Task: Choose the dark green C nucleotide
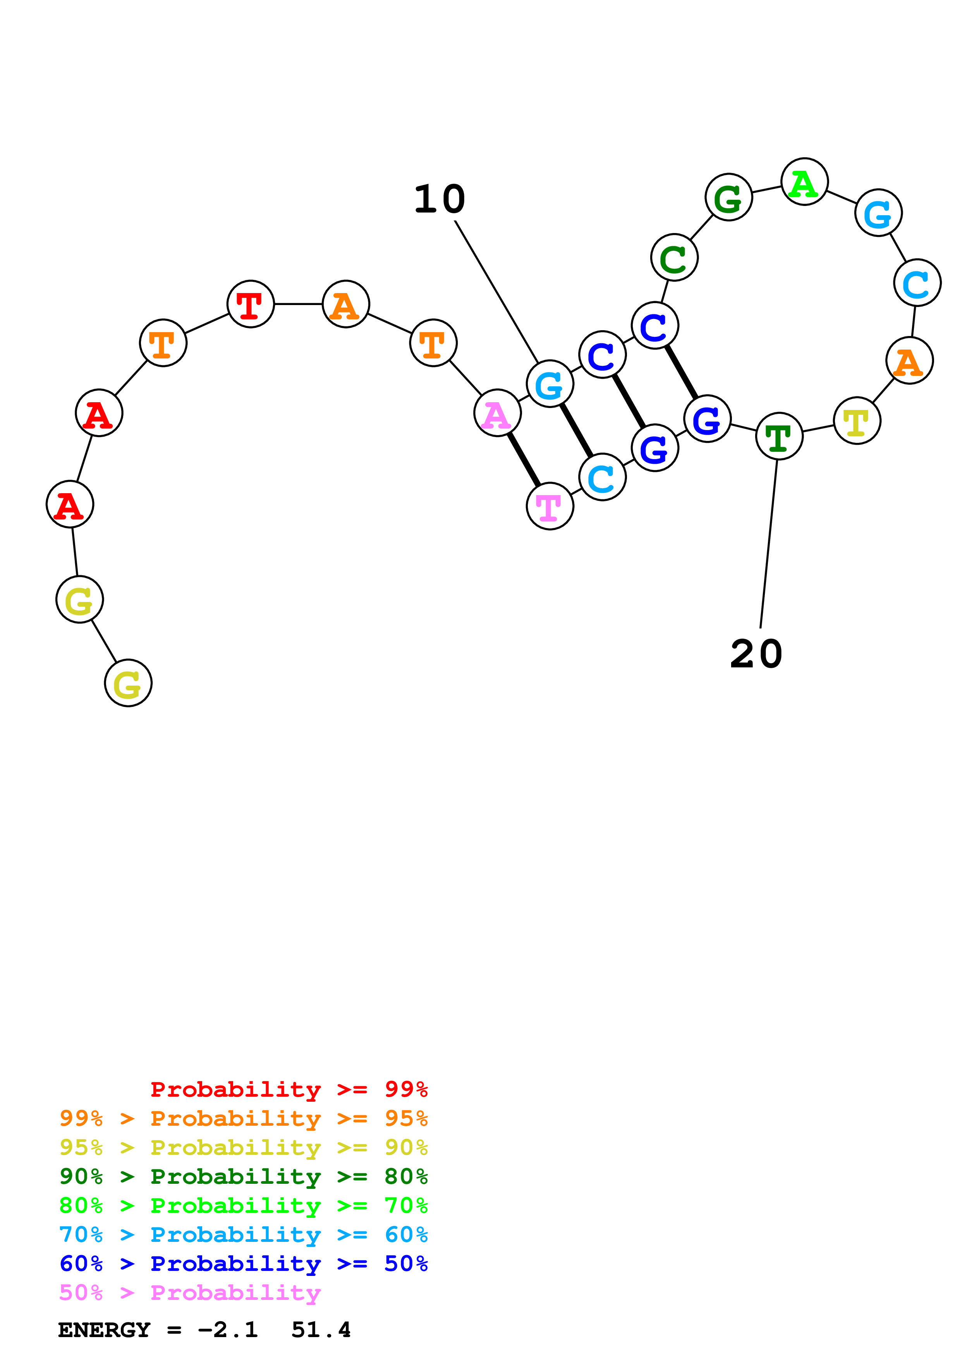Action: pyautogui.click(x=674, y=257)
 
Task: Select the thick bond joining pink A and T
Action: pyautogui.click(x=524, y=460)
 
